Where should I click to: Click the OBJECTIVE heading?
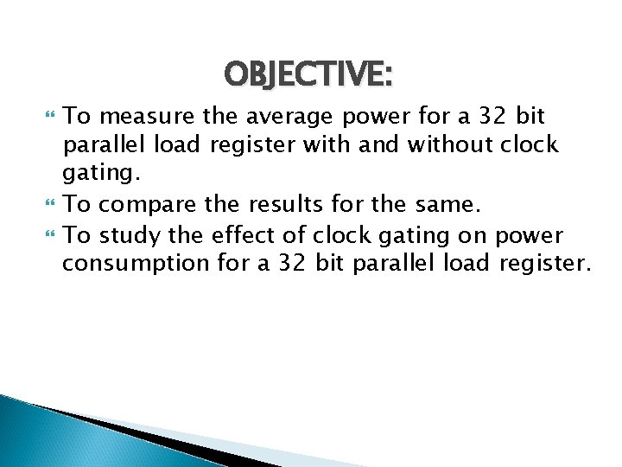coord(308,75)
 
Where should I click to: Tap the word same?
coord(435,208)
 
